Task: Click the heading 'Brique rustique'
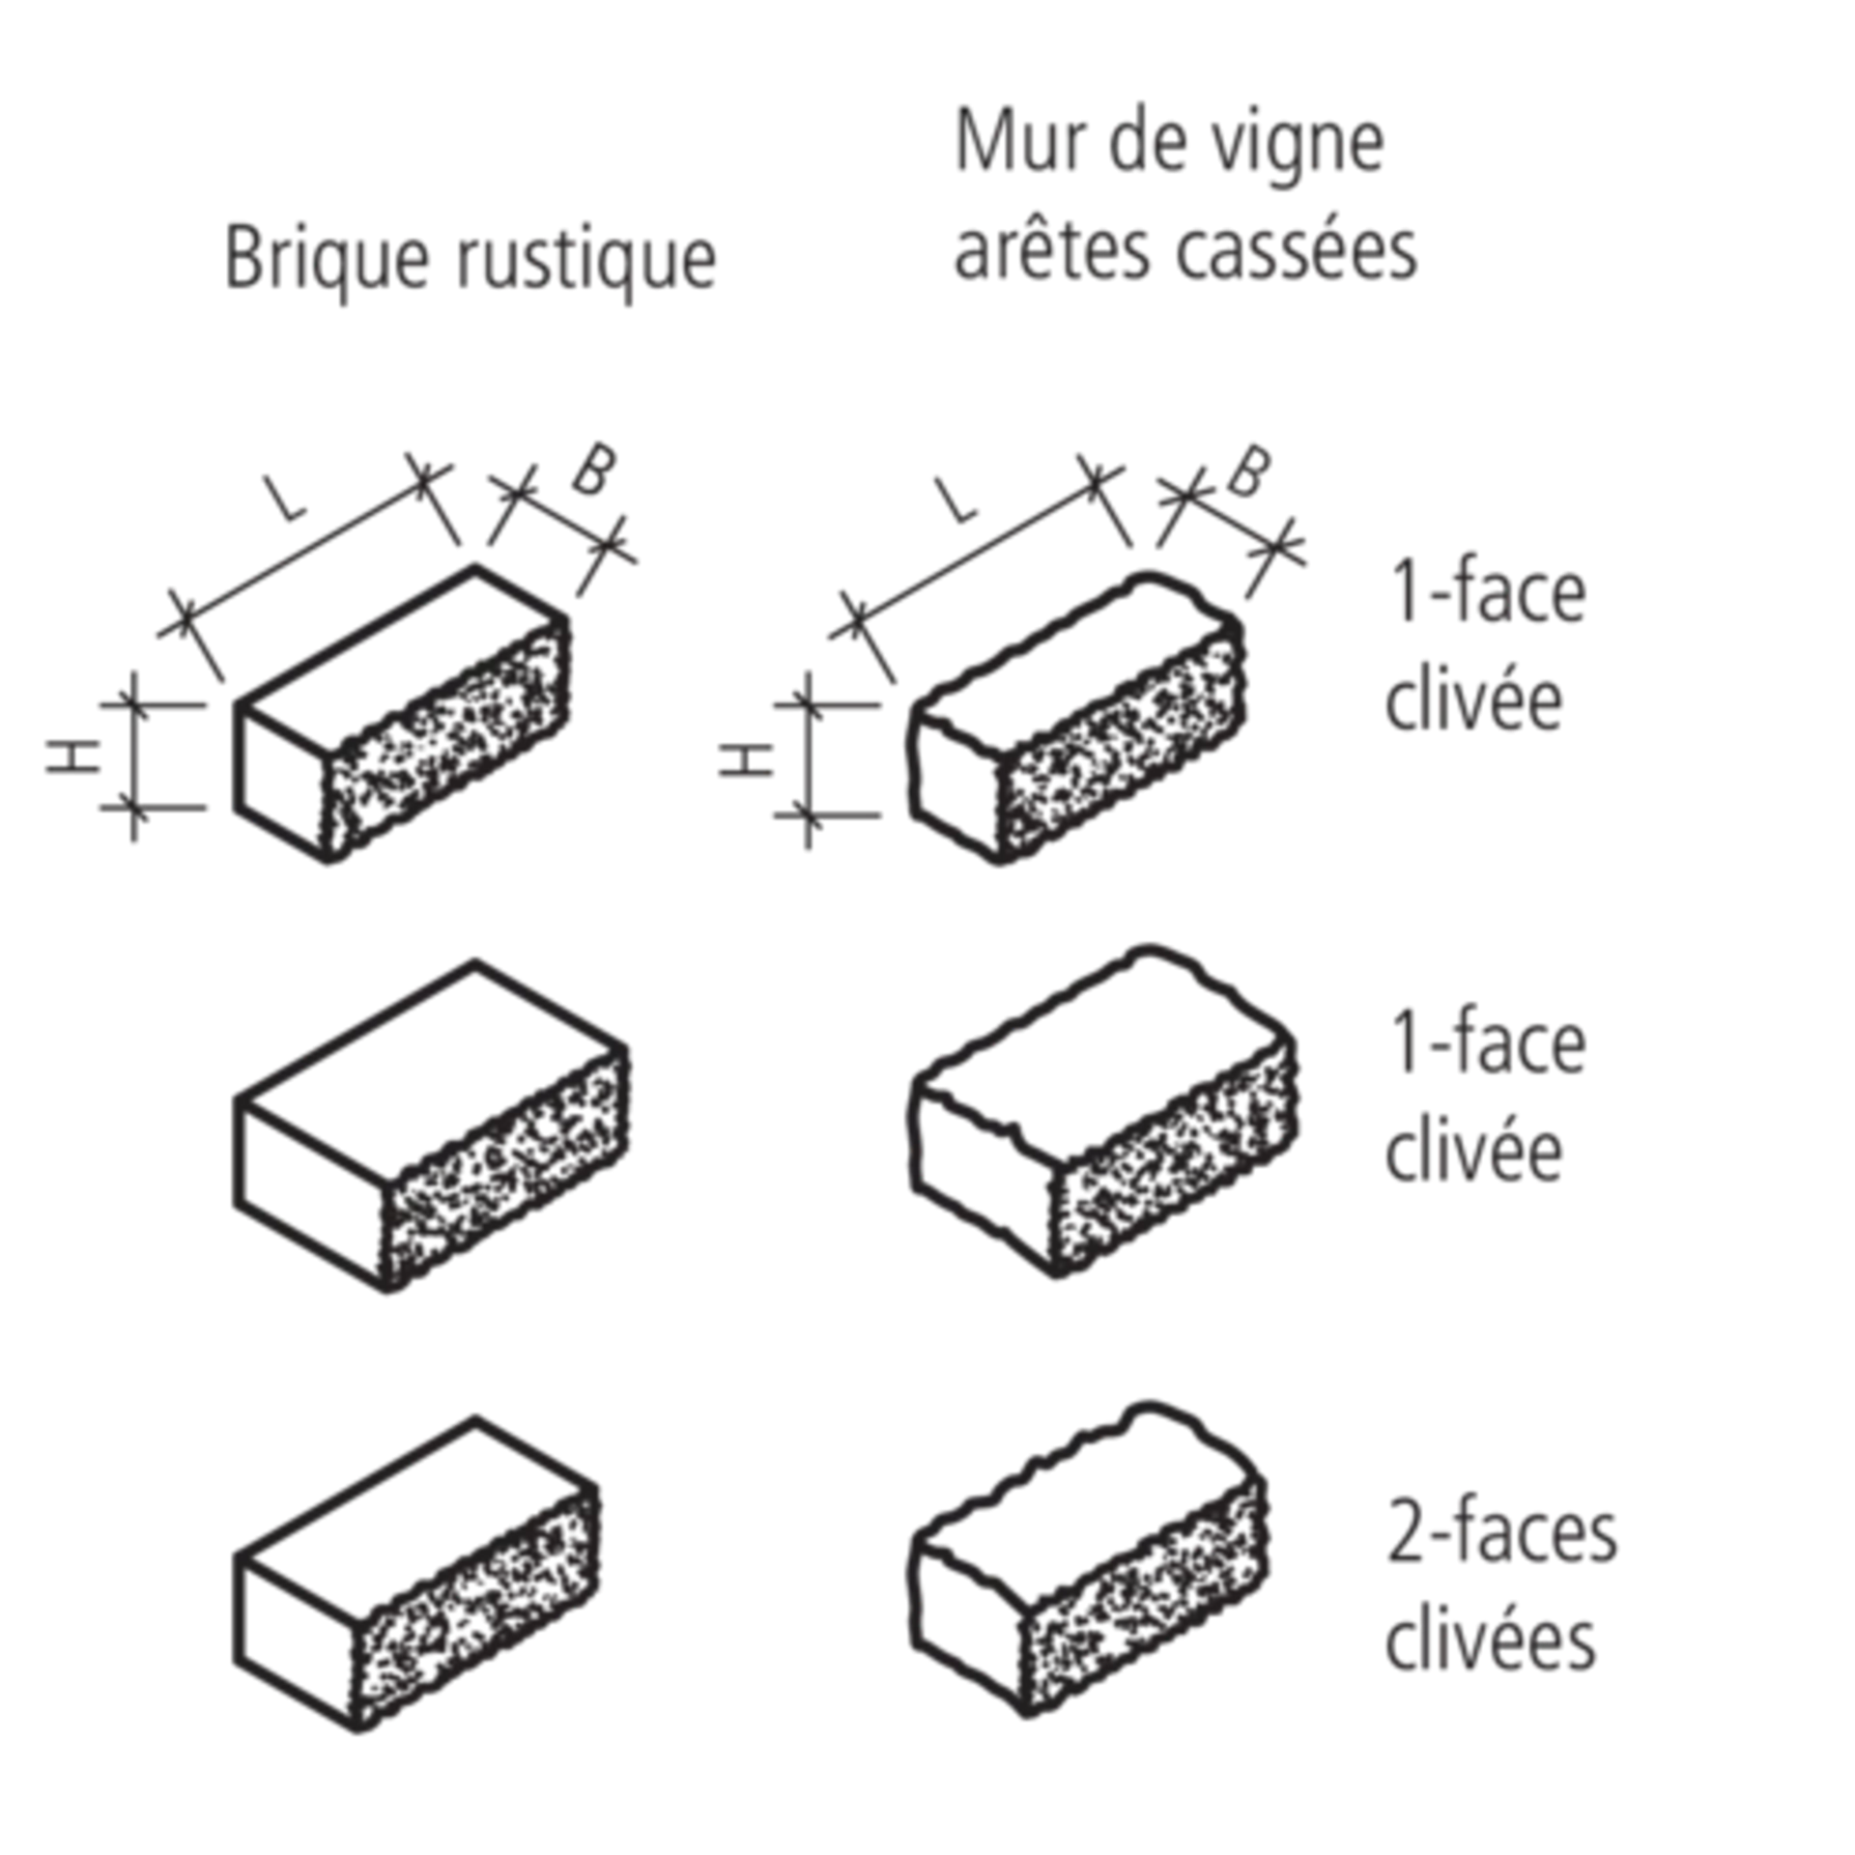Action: pyautogui.click(x=471, y=257)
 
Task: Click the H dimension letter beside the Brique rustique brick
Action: pyautogui.click(x=73, y=756)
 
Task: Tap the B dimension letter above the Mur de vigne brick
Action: pyautogui.click(x=1247, y=472)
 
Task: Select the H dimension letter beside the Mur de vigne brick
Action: pyautogui.click(x=747, y=760)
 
